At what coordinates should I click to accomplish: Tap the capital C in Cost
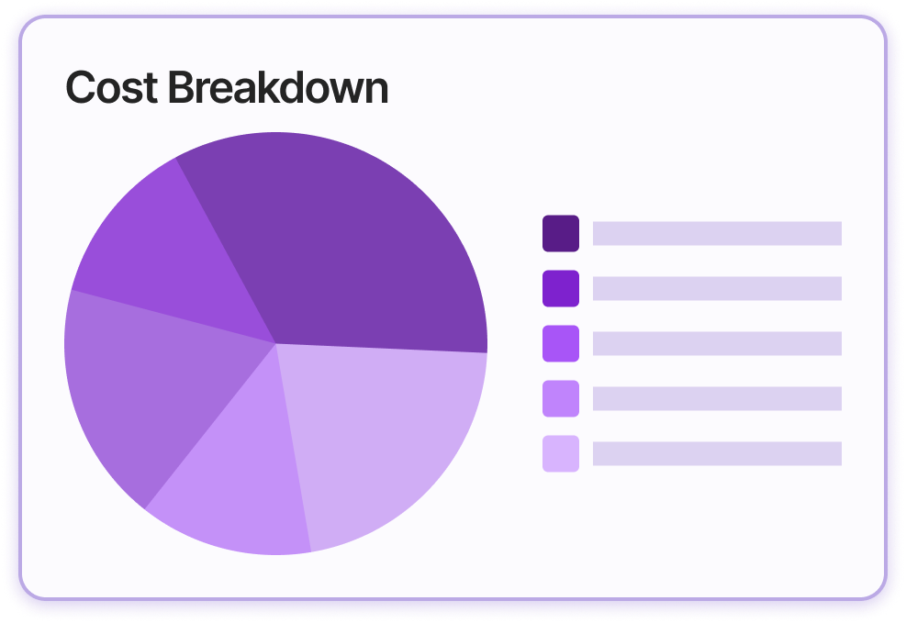[x=82, y=88]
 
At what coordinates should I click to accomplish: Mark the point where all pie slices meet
[x=275, y=343]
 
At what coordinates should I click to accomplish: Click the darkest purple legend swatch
[x=560, y=233]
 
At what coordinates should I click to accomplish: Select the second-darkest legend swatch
[x=560, y=288]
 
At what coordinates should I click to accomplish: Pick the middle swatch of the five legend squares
[x=560, y=343]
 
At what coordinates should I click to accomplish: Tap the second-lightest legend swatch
[x=560, y=398]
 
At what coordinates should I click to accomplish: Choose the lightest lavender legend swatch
[x=560, y=453]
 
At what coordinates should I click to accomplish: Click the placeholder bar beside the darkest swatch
[x=717, y=233]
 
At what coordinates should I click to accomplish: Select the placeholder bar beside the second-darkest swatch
[x=717, y=288]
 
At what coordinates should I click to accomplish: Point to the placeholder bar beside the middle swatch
[x=717, y=343]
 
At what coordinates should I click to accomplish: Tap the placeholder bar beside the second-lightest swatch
[x=717, y=398]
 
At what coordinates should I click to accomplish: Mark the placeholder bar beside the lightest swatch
[x=717, y=453]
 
